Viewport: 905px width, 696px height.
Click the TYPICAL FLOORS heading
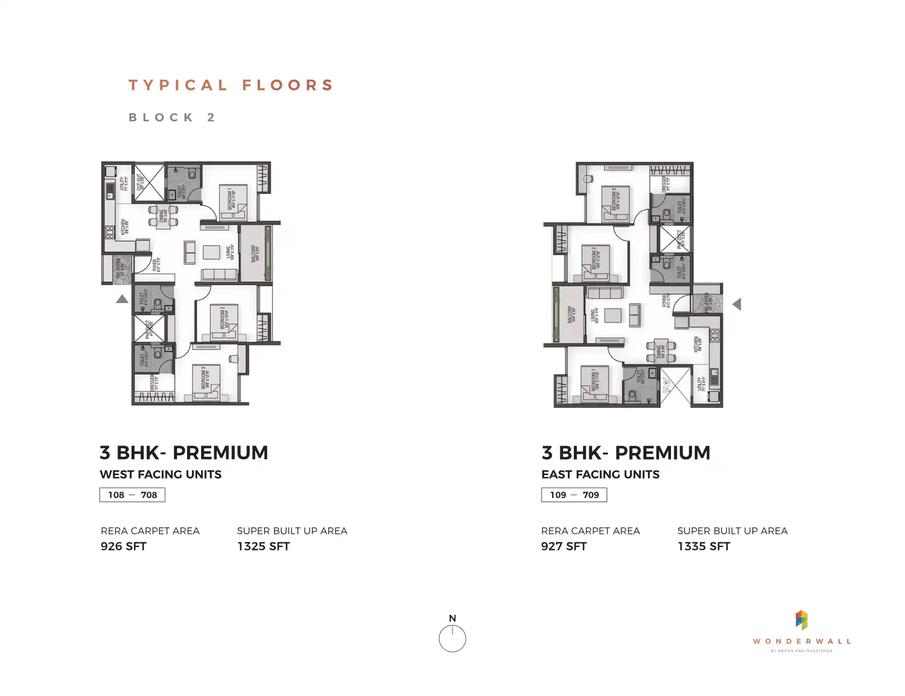[x=231, y=86]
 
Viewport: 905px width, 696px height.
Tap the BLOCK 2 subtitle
[x=172, y=117]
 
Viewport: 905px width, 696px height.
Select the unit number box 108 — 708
[x=132, y=495]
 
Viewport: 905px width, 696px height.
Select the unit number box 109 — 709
[x=574, y=495]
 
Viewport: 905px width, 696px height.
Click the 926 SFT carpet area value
[x=123, y=547]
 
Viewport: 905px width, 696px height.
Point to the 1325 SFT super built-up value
[x=263, y=547]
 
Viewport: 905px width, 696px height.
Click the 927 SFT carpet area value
[x=564, y=547]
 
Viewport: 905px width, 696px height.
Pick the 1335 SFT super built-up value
[x=703, y=547]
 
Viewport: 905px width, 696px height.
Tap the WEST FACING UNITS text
[x=161, y=475]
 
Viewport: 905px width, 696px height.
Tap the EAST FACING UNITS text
[x=600, y=475]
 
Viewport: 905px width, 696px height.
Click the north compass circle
[x=452, y=638]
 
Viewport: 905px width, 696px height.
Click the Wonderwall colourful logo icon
[x=801, y=620]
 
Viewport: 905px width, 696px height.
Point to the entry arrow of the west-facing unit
[x=122, y=299]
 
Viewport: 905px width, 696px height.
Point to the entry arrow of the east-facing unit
[x=737, y=304]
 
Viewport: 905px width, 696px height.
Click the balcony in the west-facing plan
[x=254, y=253]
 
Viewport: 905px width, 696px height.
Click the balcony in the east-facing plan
[x=570, y=315]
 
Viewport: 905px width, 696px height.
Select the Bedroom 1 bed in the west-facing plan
[x=234, y=199]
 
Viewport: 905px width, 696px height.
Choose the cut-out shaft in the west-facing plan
[x=149, y=182]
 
